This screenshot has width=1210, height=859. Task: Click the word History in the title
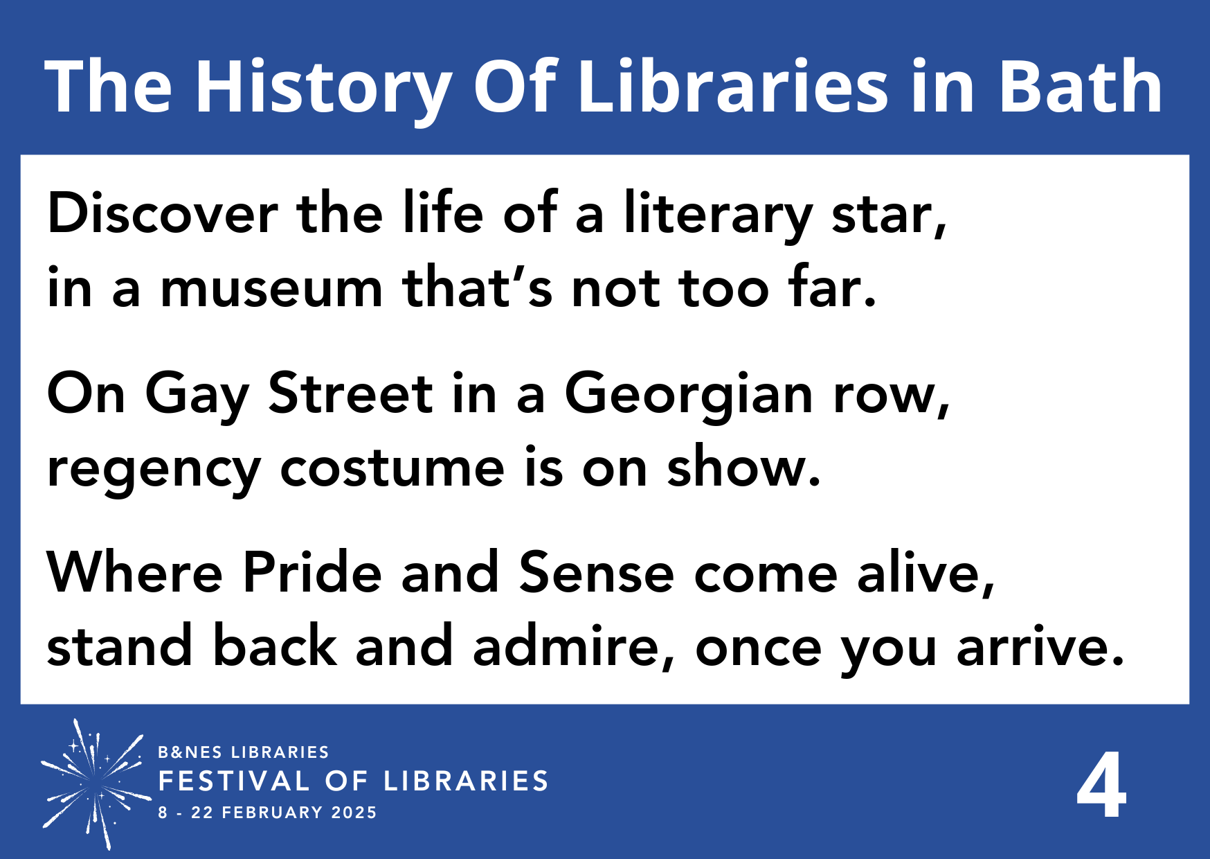tap(323, 87)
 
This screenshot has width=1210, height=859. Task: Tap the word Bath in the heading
tap(1080, 87)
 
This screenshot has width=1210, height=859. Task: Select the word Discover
tap(163, 213)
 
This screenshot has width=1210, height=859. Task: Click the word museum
tap(271, 288)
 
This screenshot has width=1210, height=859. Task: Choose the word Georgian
tap(689, 395)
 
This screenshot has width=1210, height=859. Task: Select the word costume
tap(392, 469)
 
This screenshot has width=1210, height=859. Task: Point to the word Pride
tap(312, 573)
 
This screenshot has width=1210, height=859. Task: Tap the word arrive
tap(1040, 646)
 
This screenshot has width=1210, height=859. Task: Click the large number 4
tap(1101, 787)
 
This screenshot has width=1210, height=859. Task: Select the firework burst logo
tap(94, 783)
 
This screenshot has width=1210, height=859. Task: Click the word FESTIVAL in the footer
tap(234, 781)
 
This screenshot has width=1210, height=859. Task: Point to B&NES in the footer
tap(190, 752)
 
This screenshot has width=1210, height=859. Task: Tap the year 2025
tap(354, 813)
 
